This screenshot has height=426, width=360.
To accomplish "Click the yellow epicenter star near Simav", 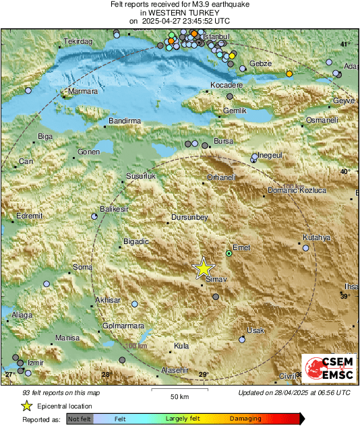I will coord(203,268).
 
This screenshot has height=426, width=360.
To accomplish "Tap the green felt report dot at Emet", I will coord(229,253).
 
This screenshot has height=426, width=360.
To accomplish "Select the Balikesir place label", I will coord(114,210).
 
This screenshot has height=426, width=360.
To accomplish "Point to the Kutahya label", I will coord(317,237).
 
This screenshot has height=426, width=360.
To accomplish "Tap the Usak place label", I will coord(256,330).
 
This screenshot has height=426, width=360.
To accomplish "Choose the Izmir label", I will coord(35,363).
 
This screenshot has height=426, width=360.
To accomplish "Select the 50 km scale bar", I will coord(179,390).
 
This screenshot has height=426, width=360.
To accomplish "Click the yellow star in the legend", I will coord(27,406).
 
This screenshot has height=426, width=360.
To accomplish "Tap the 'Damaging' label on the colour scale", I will coord(245,419).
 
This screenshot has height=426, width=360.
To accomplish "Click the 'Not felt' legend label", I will coord(80,419).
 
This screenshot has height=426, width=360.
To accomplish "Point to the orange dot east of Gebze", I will coord(289,73).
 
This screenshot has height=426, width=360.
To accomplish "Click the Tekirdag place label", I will coord(77,42).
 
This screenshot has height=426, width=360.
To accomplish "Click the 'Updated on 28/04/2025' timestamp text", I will coord(294,393).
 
